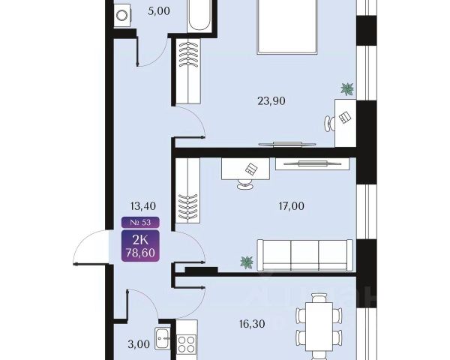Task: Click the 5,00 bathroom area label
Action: [x=159, y=11]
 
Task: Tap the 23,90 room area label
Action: [x=271, y=101]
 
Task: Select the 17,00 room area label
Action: [x=291, y=205]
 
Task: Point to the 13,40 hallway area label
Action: [x=143, y=205]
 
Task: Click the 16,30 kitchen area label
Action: [x=252, y=324]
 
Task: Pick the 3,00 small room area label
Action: [x=139, y=344]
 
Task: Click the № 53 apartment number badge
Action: [x=140, y=223]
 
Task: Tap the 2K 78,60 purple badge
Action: [x=140, y=246]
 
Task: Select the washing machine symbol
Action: [x=123, y=15]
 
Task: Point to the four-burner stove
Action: [x=186, y=344]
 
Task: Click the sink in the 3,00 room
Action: [x=163, y=338]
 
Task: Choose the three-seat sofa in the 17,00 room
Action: [x=304, y=255]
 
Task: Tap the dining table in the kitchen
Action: [x=319, y=326]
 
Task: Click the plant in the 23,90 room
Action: [x=347, y=89]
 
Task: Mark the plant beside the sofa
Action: [x=247, y=262]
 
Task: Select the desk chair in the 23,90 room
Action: [x=329, y=124]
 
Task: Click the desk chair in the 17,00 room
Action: [x=245, y=184]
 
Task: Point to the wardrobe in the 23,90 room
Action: [x=187, y=71]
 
